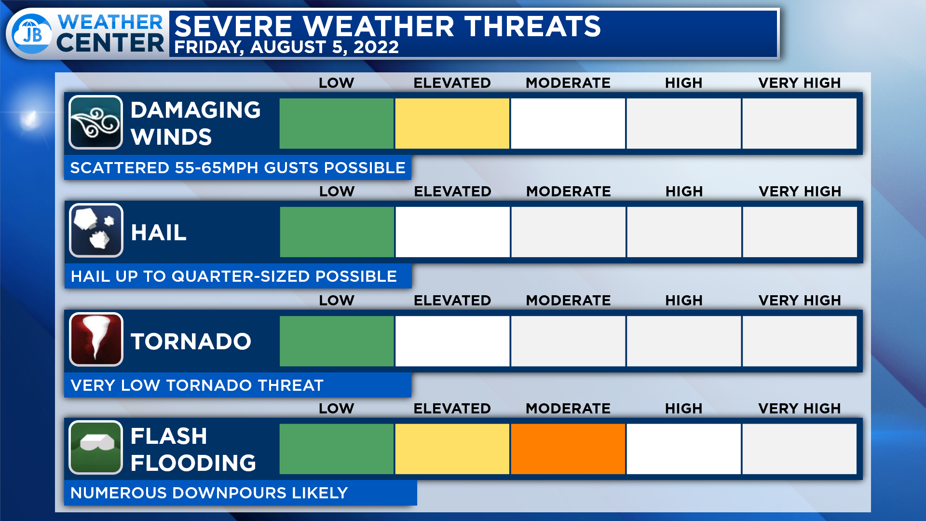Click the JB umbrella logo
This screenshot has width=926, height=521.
(x=31, y=33)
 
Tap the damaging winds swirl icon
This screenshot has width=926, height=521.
(x=95, y=123)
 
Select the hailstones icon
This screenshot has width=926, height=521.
(x=96, y=231)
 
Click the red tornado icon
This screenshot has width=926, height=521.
(x=96, y=339)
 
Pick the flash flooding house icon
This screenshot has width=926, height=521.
(x=95, y=447)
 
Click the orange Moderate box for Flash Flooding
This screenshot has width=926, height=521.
(x=568, y=449)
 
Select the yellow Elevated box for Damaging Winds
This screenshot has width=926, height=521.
(x=452, y=123)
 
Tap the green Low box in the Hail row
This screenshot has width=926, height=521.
(x=337, y=232)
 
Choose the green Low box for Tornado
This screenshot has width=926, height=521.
(x=337, y=341)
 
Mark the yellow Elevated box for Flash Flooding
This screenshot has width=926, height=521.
(x=452, y=449)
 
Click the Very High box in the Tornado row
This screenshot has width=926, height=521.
(x=800, y=341)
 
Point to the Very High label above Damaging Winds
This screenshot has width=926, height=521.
(x=799, y=83)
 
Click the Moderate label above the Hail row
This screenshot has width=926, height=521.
(x=568, y=192)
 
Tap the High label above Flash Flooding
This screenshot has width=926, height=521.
(x=683, y=409)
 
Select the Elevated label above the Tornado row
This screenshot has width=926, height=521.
(x=452, y=301)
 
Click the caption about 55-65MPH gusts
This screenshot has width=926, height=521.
(x=238, y=168)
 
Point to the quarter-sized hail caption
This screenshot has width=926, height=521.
(x=234, y=276)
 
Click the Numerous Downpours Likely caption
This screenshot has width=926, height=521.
(x=209, y=493)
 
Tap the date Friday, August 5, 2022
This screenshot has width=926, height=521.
(x=286, y=47)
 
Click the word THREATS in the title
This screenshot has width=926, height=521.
(x=533, y=26)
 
